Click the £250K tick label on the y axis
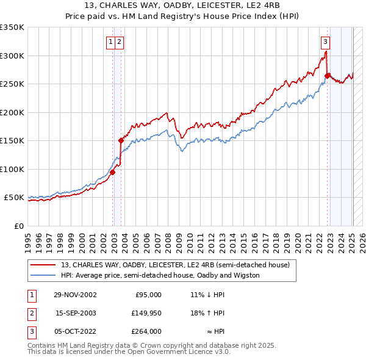point(12,84)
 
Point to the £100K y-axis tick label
point(12,169)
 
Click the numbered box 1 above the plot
point(110,42)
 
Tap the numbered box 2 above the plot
point(119,42)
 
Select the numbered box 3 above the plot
point(326,42)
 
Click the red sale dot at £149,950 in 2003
point(121,140)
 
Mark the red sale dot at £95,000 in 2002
point(113,172)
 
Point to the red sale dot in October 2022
point(328,76)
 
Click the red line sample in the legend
point(43,265)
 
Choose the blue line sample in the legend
point(43,275)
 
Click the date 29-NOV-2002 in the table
point(75,295)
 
